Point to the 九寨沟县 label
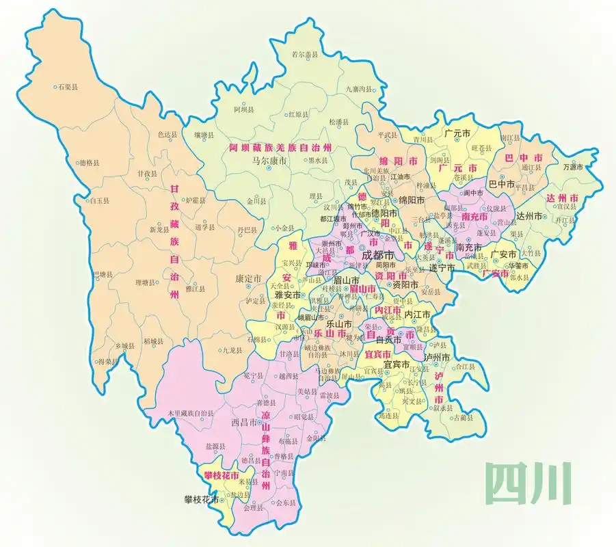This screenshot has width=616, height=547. [361, 89]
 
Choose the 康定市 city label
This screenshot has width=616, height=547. [248, 280]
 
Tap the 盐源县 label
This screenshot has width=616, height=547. [215, 445]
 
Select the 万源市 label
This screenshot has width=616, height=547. [573, 167]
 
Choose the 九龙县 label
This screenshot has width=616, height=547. [232, 350]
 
